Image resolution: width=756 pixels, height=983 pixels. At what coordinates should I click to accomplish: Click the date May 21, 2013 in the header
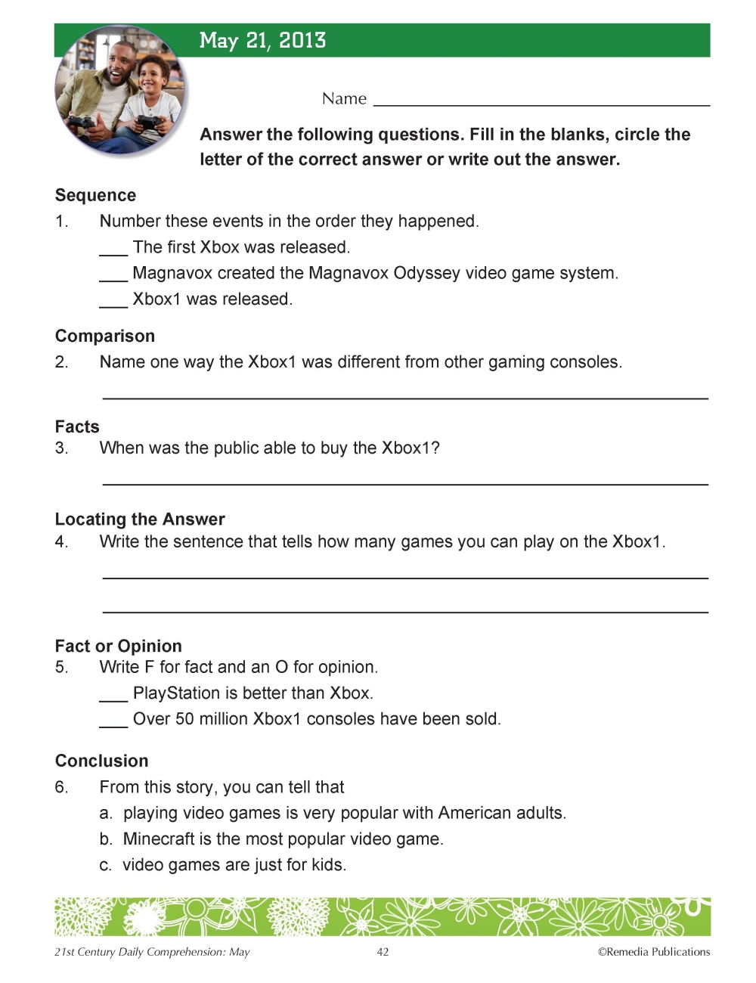coord(262,41)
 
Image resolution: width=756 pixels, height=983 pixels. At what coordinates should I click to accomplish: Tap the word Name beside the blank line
coord(344,99)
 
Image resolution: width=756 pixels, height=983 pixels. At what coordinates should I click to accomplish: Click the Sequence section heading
coord(95,195)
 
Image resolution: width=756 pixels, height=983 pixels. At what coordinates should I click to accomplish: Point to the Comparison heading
coord(105,336)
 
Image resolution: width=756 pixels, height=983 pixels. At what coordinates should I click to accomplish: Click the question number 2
coord(61,362)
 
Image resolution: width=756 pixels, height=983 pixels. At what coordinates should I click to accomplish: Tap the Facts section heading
coord(77,426)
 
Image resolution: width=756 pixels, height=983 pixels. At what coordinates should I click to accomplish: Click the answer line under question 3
coord(404,482)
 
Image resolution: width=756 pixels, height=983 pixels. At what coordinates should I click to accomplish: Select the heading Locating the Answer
coord(140,519)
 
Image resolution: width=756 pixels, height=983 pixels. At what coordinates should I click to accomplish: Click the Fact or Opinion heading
coord(119,646)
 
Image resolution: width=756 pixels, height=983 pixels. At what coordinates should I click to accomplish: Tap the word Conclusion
coord(102,761)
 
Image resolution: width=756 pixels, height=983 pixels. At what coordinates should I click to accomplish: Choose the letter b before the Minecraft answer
coord(106,839)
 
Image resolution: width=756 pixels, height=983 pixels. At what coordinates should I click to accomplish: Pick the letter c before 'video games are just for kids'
coord(106,865)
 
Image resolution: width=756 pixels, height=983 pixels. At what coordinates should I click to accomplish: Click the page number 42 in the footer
coord(383,952)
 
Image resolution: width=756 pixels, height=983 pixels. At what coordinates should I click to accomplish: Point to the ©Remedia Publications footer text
coord(654,952)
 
